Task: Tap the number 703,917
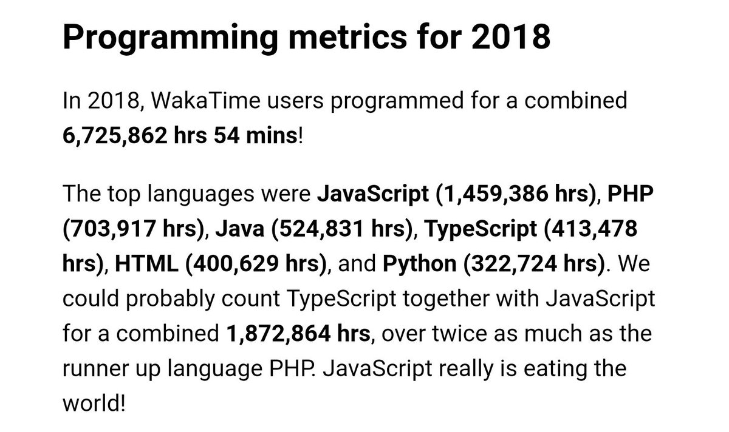(x=113, y=229)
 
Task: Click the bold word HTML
(x=146, y=264)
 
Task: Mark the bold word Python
(x=419, y=264)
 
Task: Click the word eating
(x=577, y=368)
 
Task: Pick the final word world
(x=91, y=402)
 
